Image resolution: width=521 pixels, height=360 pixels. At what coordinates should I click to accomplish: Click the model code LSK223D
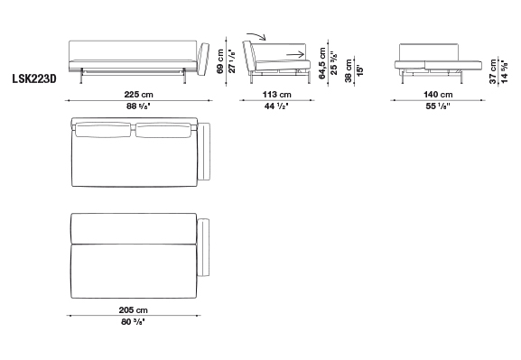tap(34, 78)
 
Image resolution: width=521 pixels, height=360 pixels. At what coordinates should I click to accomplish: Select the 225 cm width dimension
tap(138, 95)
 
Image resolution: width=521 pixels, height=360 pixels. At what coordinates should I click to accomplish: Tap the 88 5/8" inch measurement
tap(140, 106)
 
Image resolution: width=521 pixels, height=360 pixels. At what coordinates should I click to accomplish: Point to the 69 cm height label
tap(220, 61)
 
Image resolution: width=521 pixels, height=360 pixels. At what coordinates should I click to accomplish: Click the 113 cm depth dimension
tap(277, 95)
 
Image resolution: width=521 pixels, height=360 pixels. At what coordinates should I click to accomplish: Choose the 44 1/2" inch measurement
tap(276, 106)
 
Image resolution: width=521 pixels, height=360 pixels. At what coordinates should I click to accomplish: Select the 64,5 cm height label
tap(322, 63)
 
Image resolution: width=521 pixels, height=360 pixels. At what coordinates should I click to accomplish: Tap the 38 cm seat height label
tap(349, 70)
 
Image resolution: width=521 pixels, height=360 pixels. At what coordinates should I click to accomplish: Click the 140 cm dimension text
tap(438, 95)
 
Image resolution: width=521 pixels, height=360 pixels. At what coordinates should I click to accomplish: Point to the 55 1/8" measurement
tap(438, 106)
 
